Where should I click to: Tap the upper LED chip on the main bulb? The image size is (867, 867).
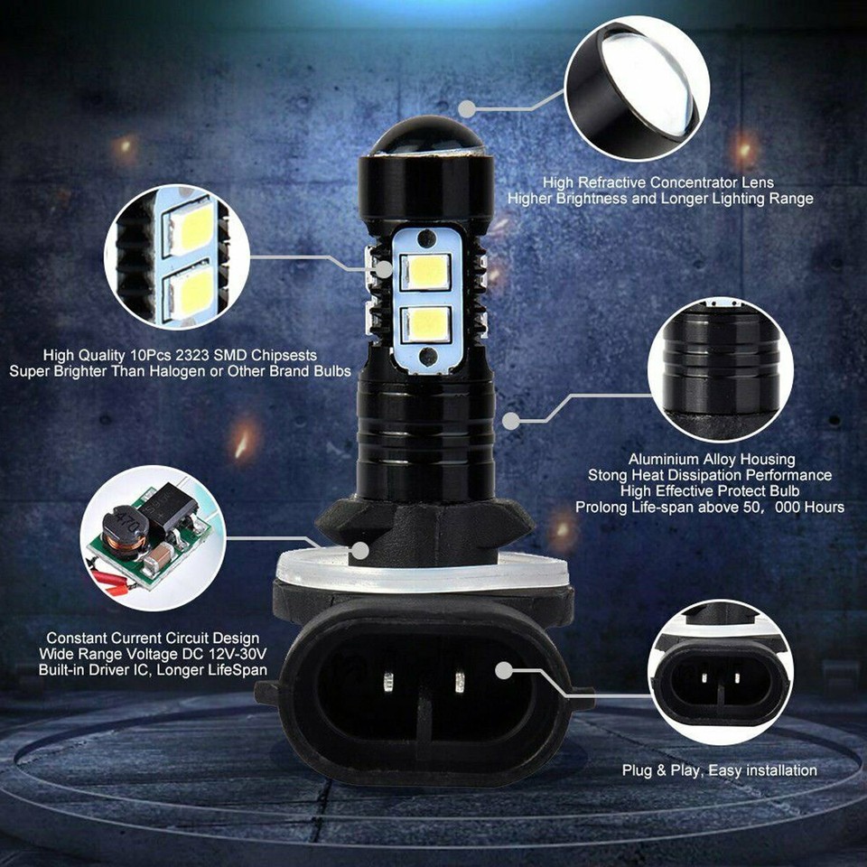[x=424, y=272]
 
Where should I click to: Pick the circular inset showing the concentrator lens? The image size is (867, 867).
[x=637, y=88]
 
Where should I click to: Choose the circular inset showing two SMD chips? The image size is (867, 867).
[x=177, y=256]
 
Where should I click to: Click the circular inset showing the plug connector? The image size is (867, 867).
[x=720, y=672]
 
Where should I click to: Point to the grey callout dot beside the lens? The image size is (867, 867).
[x=466, y=108]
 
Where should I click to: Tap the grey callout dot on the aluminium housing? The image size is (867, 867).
[x=510, y=421]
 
